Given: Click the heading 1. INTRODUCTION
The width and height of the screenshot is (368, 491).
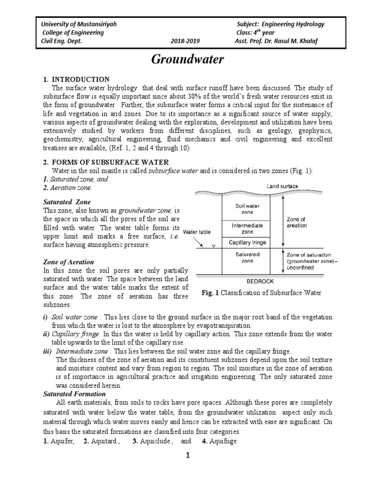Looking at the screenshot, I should (x=76, y=79).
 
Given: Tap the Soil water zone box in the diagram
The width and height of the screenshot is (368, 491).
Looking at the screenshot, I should (x=247, y=209).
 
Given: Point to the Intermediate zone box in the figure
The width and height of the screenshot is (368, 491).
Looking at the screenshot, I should (x=247, y=228).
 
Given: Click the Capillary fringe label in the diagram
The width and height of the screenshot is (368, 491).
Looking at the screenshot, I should (x=247, y=242).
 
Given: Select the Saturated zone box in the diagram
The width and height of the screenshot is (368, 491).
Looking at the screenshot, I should (x=247, y=257).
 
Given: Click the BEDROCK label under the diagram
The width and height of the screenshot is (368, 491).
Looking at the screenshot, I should (x=255, y=282).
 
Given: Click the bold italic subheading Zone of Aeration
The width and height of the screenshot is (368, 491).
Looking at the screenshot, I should (x=69, y=262).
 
